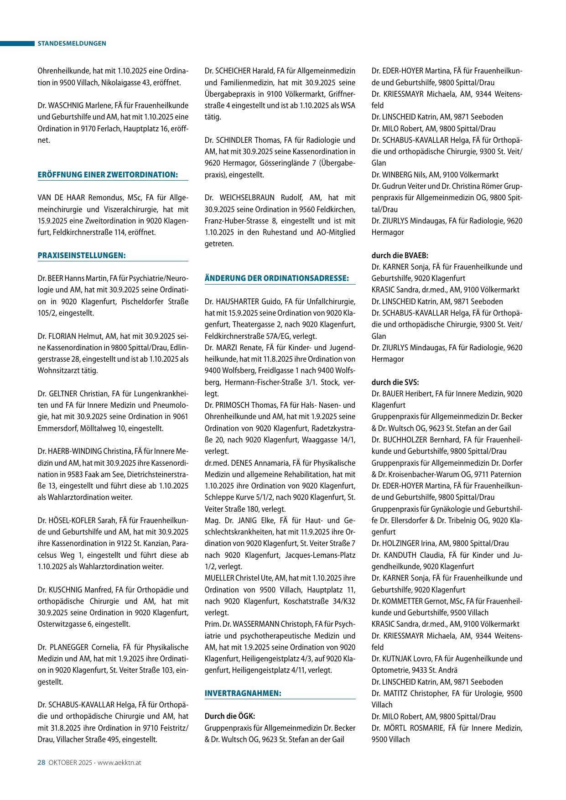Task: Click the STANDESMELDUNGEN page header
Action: pos(72,43)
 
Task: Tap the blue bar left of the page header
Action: pos(17,43)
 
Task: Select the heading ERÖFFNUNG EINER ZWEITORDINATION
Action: pos(107,175)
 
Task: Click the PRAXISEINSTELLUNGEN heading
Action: pos(81,255)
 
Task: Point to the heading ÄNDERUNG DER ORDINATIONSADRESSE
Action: pos(277,278)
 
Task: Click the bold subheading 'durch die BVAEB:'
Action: pos(400,255)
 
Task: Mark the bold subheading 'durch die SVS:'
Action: pos(395,382)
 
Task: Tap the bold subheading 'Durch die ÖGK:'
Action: pos(230,717)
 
